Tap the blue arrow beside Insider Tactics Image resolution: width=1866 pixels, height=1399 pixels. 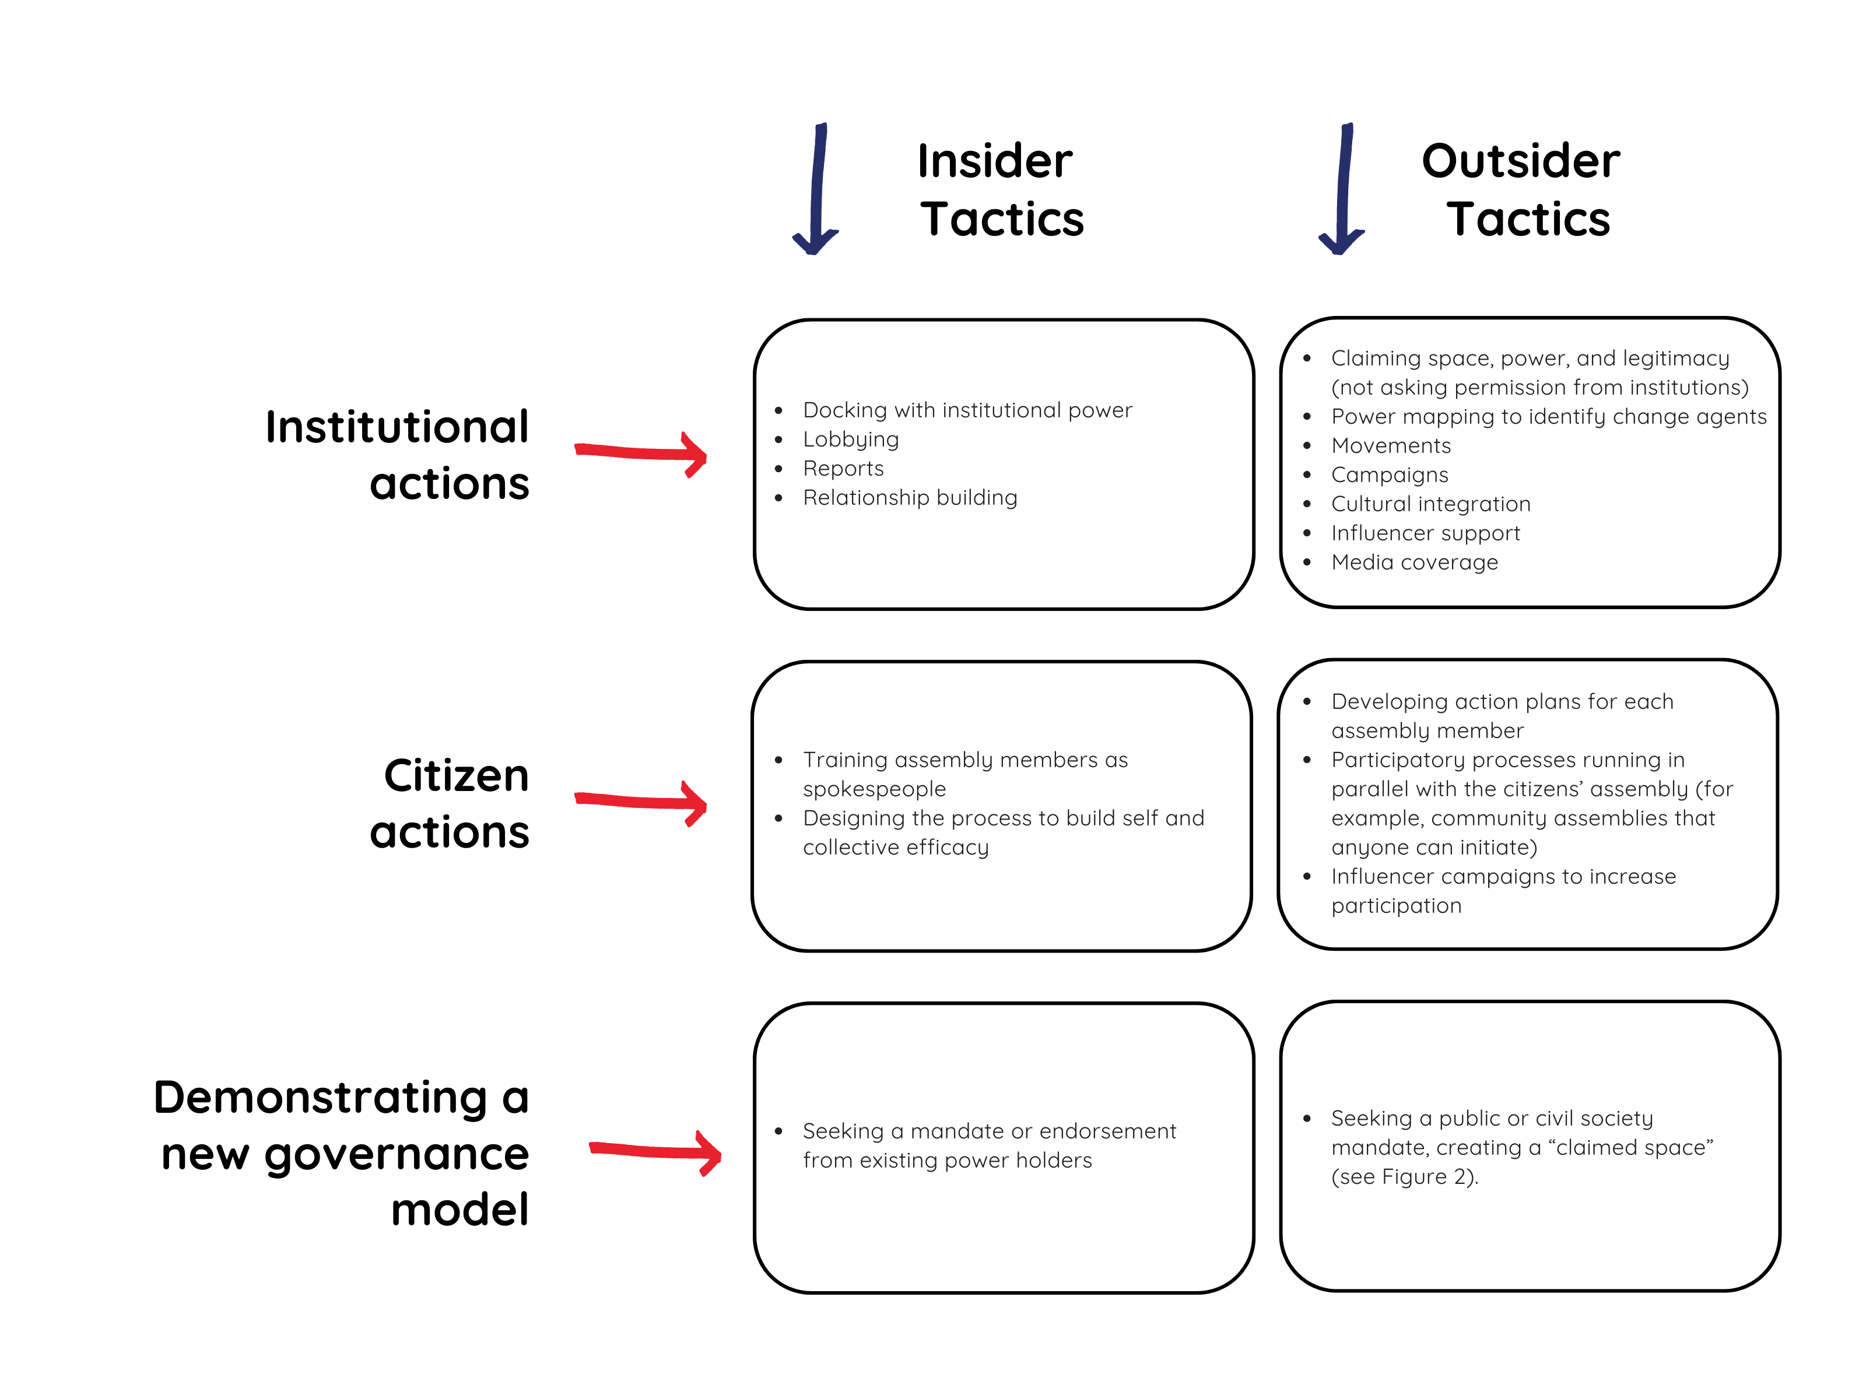coord(816,189)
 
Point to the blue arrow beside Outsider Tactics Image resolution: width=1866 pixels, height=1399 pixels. coord(1342,189)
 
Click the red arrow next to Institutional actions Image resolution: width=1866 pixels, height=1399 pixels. coord(641,454)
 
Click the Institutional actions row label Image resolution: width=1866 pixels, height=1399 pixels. coord(397,455)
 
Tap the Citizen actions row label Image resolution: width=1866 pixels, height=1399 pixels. coord(450,804)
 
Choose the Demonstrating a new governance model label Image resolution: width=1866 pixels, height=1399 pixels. coord(342,1153)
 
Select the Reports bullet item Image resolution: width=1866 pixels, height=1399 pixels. coord(844,468)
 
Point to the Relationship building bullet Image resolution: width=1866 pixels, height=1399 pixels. coord(910,498)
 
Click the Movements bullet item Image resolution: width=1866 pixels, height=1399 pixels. coord(1391,445)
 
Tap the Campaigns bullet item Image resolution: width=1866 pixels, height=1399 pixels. coord(1390,474)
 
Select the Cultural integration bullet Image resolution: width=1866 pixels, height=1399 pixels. coord(1431,504)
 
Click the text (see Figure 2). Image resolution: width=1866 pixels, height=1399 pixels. coord(1405,1177)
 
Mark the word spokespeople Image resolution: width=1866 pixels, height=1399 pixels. coord(874,789)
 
